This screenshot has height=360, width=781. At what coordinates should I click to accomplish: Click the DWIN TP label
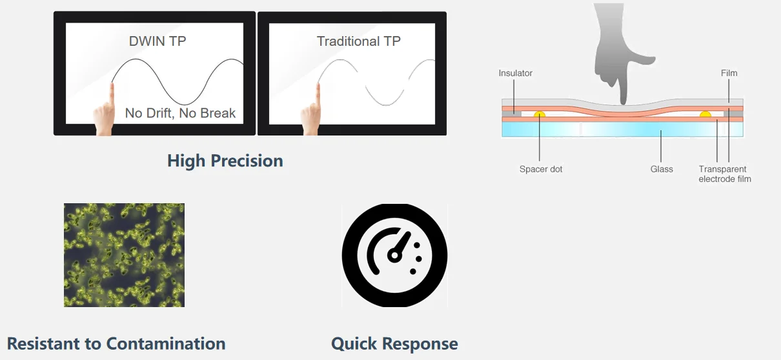pyautogui.click(x=158, y=42)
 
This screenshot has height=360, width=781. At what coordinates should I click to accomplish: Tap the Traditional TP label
pyautogui.click(x=358, y=42)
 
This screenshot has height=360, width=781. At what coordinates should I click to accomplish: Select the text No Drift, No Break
pyautogui.click(x=180, y=114)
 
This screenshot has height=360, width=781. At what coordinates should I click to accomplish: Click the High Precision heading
pyautogui.click(x=225, y=161)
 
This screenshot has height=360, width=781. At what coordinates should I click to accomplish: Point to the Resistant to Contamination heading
pyautogui.click(x=116, y=343)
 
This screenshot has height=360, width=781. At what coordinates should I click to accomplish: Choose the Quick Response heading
pyautogui.click(x=394, y=344)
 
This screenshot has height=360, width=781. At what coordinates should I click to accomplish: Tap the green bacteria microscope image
pyautogui.click(x=124, y=255)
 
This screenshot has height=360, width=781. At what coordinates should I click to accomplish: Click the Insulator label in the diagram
pyautogui.click(x=515, y=74)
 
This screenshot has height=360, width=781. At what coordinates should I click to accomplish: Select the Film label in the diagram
pyautogui.click(x=729, y=74)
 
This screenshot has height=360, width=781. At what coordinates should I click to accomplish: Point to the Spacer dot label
pyautogui.click(x=541, y=169)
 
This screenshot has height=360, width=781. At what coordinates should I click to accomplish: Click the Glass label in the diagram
pyautogui.click(x=662, y=169)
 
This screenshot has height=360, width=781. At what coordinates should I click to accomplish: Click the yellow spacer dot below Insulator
pyautogui.click(x=539, y=114)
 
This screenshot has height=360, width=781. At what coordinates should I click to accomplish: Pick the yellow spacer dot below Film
pyautogui.click(x=705, y=114)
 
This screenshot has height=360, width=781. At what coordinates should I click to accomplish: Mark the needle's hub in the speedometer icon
pyautogui.click(x=392, y=256)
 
